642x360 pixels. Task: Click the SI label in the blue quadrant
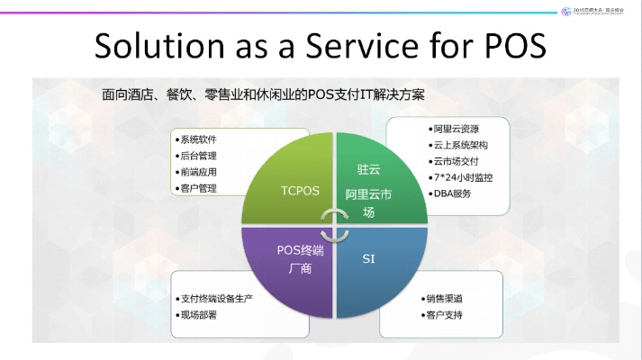click(x=368, y=259)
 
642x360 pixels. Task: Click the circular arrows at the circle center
click(x=334, y=225)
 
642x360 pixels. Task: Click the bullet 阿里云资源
click(x=454, y=129)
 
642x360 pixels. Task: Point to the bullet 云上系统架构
click(x=459, y=145)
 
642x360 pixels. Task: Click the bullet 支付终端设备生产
click(x=220, y=299)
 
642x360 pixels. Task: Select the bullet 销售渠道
click(x=447, y=299)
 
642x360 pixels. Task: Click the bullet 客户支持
click(x=447, y=315)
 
